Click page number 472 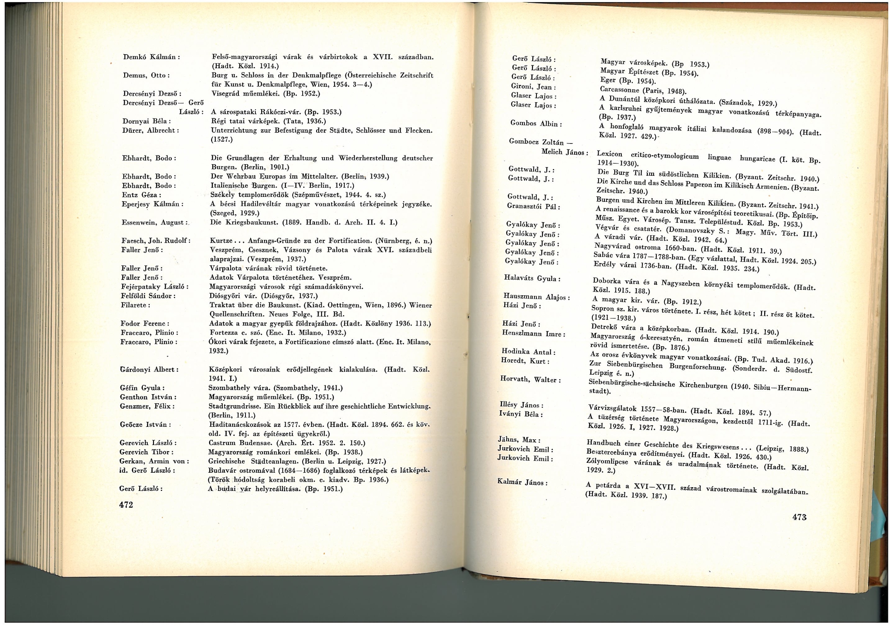click(x=126, y=505)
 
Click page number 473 click(x=800, y=517)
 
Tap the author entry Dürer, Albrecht click(x=151, y=130)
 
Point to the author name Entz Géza click(x=142, y=195)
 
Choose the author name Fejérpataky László click(x=155, y=287)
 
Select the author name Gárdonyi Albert click(x=149, y=369)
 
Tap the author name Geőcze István click(x=145, y=425)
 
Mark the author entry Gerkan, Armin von click(x=154, y=461)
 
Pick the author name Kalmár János click(x=522, y=482)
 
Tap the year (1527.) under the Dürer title click(x=222, y=140)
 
